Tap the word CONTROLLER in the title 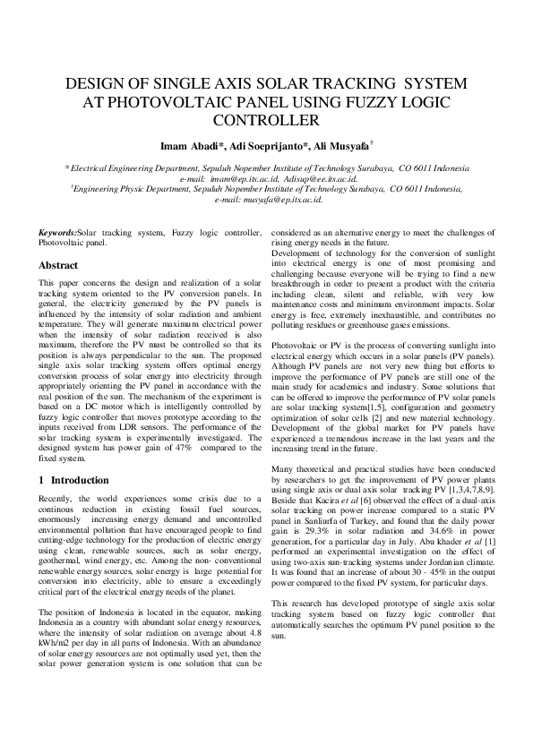tap(266, 119)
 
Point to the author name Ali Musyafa tap(340, 146)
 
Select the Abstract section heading tap(58, 266)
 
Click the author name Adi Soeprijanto tap(264, 146)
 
